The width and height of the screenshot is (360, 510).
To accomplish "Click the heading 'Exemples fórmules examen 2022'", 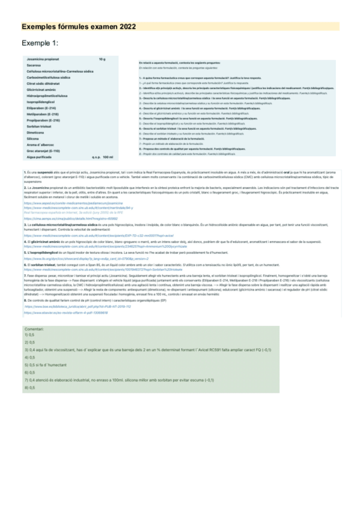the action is [x=79, y=27].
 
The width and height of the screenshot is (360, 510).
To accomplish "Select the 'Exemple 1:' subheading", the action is [x=40, y=43].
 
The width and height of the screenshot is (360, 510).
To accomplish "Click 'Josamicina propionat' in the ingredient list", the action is [x=43, y=59].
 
